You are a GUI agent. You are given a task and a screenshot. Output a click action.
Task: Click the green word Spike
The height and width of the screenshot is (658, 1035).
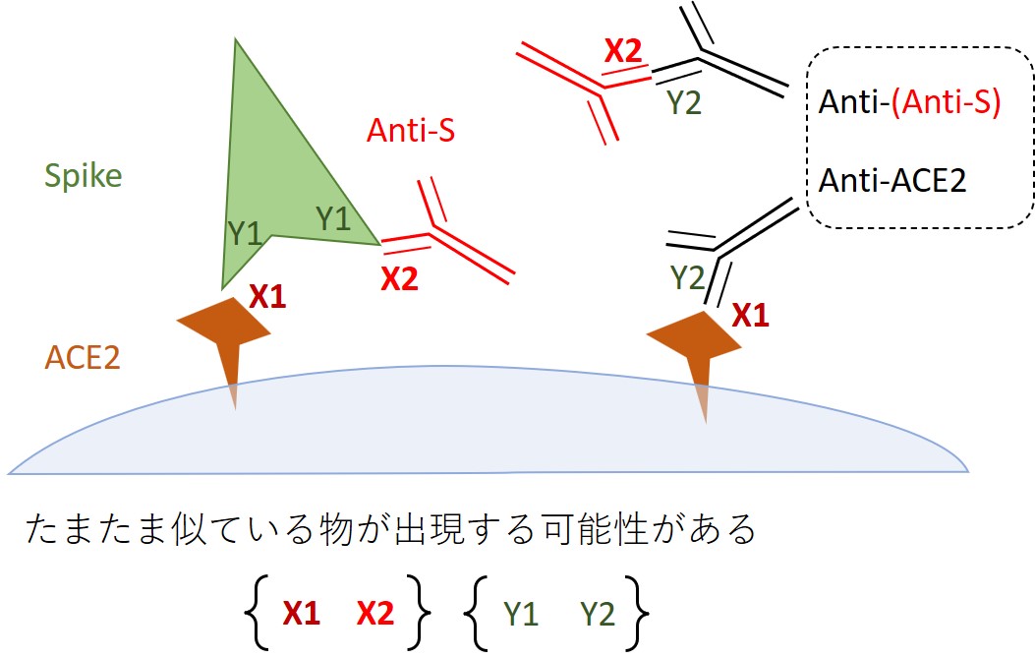(x=84, y=177)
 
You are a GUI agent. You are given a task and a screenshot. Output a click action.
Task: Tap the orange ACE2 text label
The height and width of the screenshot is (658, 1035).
(x=83, y=357)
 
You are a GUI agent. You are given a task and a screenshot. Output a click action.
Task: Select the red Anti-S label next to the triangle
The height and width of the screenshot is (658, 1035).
(x=410, y=130)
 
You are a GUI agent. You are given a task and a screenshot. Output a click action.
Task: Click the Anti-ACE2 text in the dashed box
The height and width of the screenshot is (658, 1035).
(x=892, y=181)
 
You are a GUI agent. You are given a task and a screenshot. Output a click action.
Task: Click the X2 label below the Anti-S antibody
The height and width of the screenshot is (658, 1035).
(x=399, y=279)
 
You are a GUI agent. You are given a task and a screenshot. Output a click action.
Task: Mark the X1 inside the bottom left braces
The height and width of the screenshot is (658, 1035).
(x=302, y=614)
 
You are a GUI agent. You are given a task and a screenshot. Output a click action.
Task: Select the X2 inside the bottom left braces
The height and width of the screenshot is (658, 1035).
(x=374, y=614)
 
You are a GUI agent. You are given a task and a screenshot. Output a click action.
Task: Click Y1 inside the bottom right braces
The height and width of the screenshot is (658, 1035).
(x=521, y=614)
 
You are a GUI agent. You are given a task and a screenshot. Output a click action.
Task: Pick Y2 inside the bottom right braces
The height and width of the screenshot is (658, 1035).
(x=597, y=614)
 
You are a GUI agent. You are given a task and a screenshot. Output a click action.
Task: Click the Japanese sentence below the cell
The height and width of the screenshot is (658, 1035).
(x=391, y=531)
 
